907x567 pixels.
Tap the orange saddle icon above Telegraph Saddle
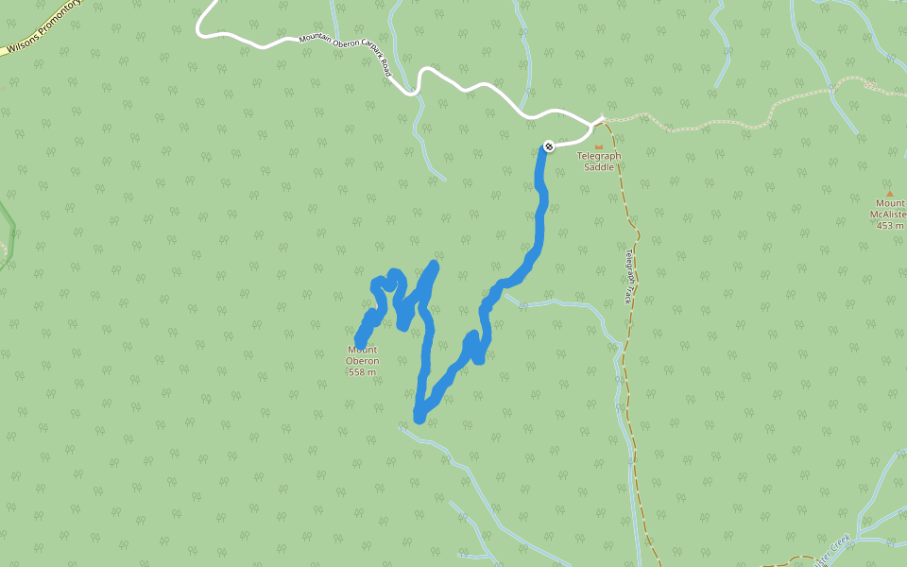[598, 146]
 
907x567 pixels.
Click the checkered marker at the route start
[549, 146]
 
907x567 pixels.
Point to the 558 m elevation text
[363, 372]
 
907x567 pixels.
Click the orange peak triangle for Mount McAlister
[889, 193]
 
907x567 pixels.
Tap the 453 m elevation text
[890, 226]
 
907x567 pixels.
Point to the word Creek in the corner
[840, 542]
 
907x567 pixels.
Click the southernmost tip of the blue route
[419, 417]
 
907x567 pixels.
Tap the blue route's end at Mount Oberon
[360, 342]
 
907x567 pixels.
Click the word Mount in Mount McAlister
[890, 203]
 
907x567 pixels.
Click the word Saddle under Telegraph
[599, 167]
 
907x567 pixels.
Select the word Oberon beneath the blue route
[363, 361]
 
